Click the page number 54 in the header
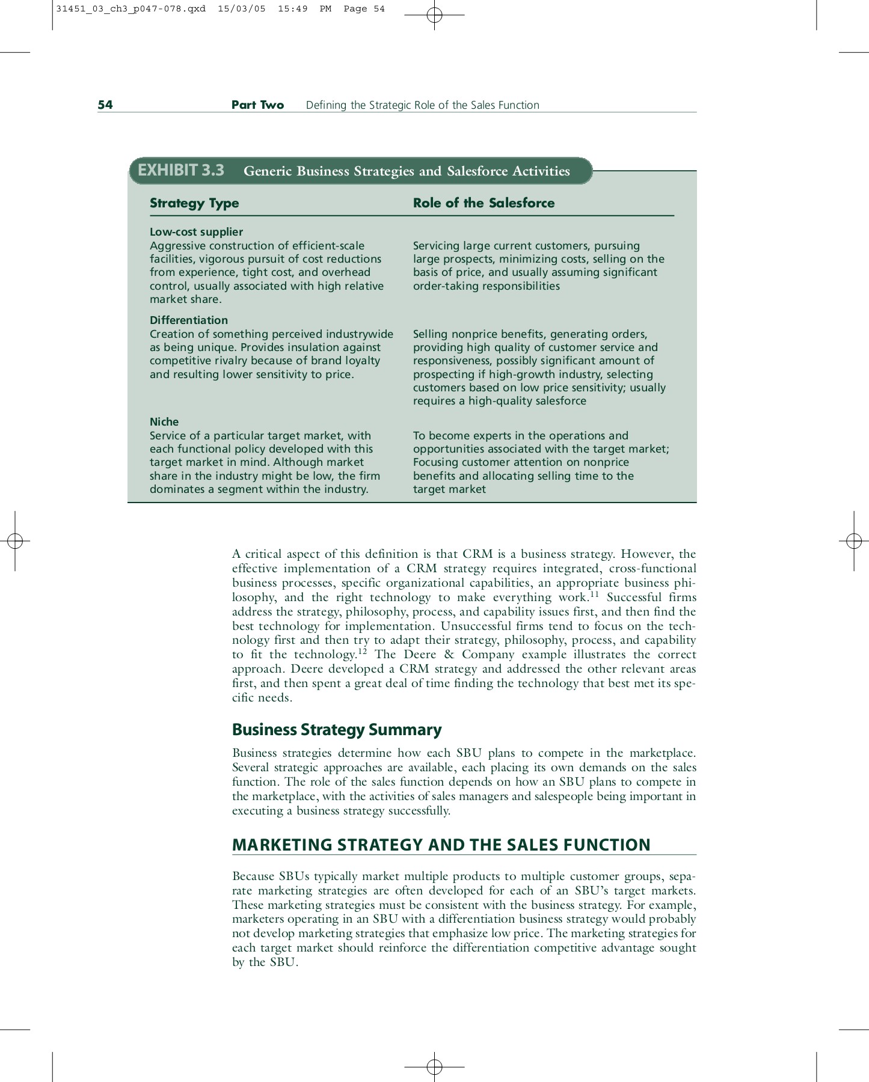pyautogui.click(x=105, y=105)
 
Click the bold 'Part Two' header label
pyautogui.click(x=257, y=105)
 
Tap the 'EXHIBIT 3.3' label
pyautogui.click(x=181, y=171)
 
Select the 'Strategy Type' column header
pyautogui.click(x=194, y=203)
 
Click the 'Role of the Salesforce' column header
pyautogui.click(x=484, y=203)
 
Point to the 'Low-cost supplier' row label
pyautogui.click(x=196, y=232)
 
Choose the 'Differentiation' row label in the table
pyautogui.click(x=189, y=320)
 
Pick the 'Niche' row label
pyautogui.click(x=164, y=422)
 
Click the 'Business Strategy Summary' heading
pyautogui.click(x=337, y=730)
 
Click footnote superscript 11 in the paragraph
pyautogui.click(x=594, y=594)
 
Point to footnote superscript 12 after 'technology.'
pyautogui.click(x=362, y=652)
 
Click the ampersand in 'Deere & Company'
pyautogui.click(x=449, y=655)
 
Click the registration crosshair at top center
pyautogui.click(x=434, y=15)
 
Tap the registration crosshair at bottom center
pyautogui.click(x=434, y=1067)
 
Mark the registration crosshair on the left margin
pyautogui.click(x=15, y=541)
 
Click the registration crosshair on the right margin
pyautogui.click(x=854, y=541)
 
